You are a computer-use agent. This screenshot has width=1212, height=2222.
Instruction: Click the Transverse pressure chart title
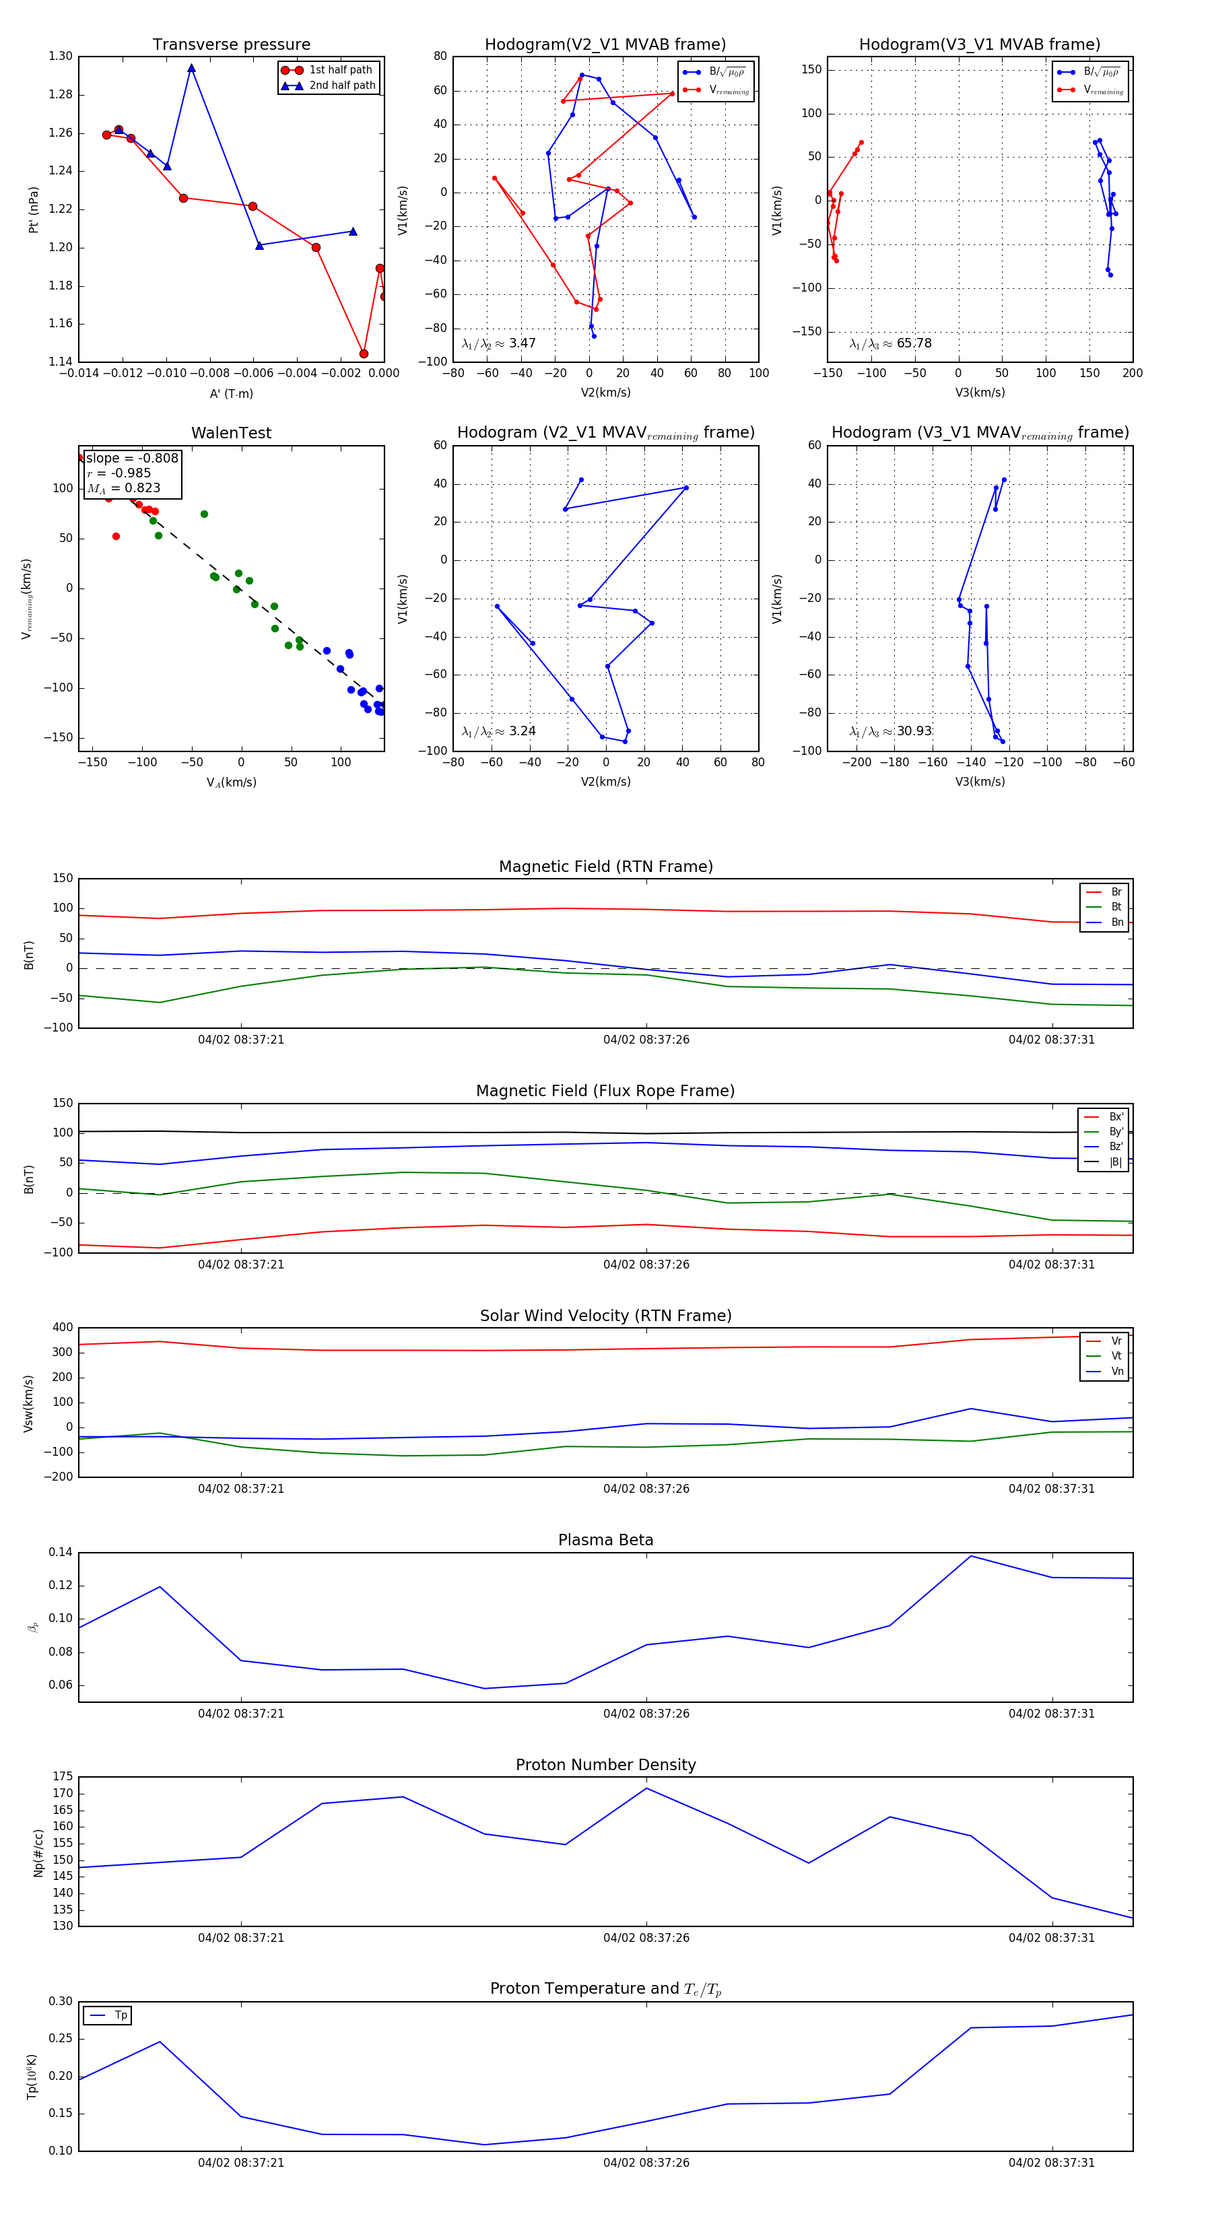(x=231, y=45)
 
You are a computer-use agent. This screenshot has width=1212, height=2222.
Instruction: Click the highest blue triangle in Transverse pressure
(x=191, y=68)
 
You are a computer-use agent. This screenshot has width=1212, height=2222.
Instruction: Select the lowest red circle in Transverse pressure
(x=363, y=353)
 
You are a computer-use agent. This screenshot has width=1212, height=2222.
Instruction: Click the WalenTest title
(x=231, y=433)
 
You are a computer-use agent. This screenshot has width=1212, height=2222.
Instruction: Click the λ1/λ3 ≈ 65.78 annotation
(x=890, y=343)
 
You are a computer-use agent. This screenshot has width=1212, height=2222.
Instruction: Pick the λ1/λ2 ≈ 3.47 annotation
(x=498, y=343)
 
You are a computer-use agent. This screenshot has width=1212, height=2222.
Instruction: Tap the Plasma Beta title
(x=605, y=1541)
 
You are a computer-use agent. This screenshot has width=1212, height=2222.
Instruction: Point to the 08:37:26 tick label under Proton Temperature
(x=646, y=2163)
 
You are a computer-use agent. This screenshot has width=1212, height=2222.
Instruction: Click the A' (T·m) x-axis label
(x=231, y=394)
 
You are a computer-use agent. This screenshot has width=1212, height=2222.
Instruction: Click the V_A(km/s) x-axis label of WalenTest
(x=231, y=782)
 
